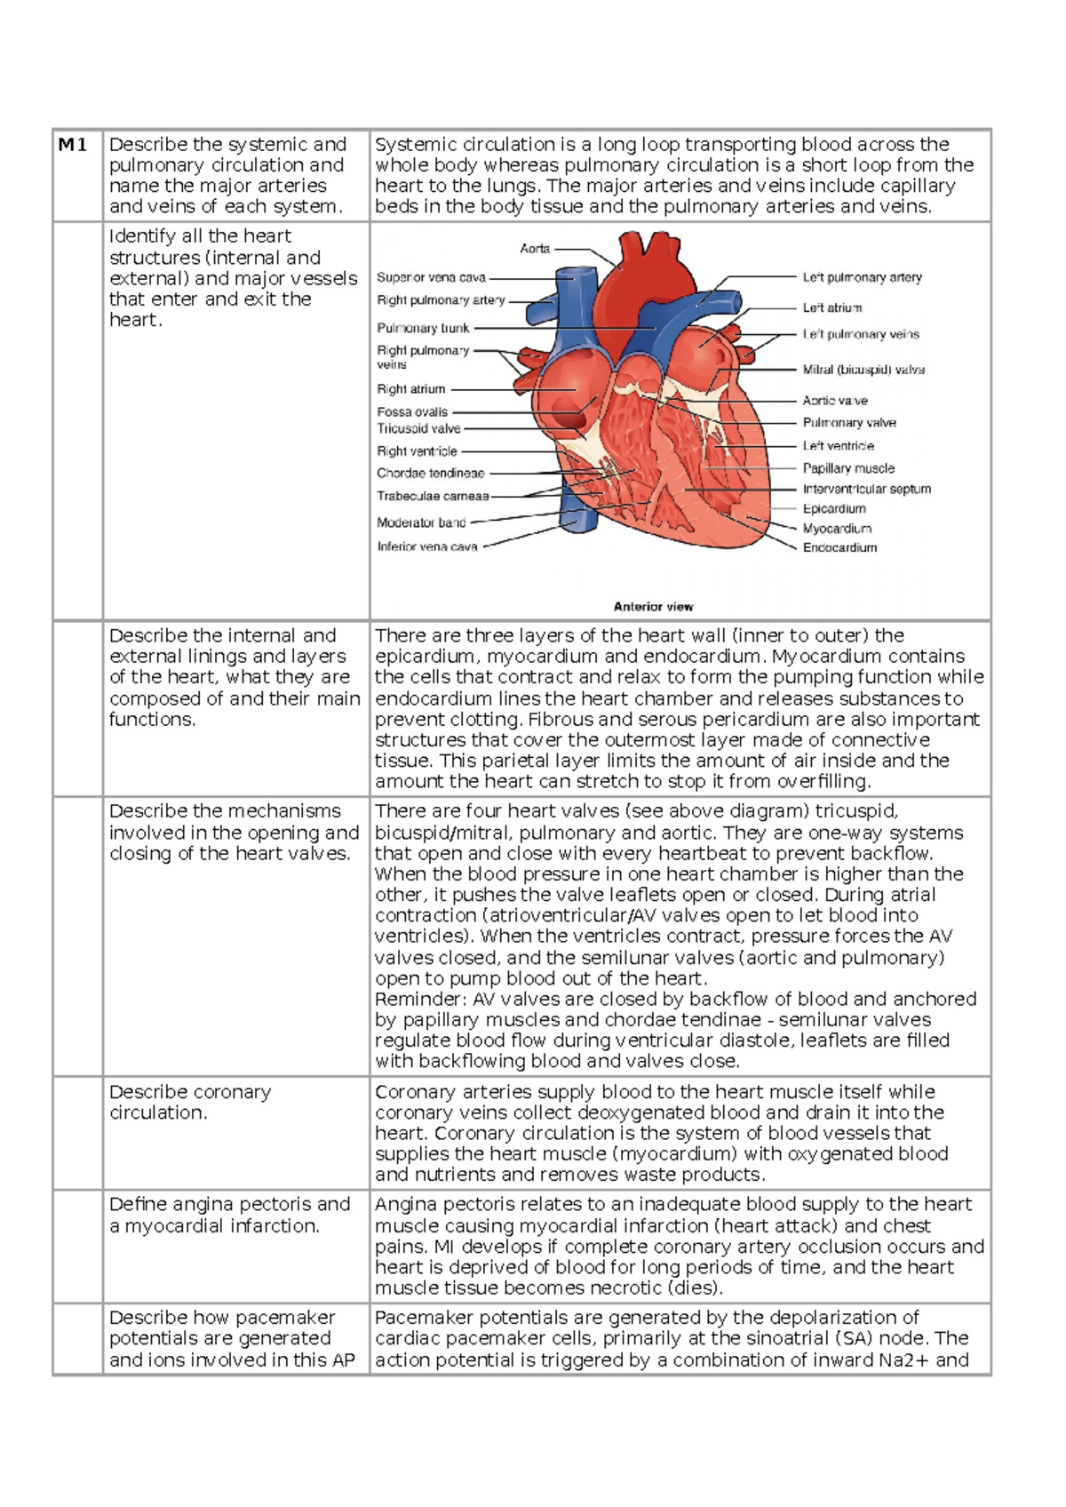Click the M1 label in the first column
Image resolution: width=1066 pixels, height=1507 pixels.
(73, 145)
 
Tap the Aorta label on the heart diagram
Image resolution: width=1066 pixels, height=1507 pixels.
(535, 249)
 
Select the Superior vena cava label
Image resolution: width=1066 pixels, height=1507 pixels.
(431, 277)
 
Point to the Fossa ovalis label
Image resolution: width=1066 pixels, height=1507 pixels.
(412, 412)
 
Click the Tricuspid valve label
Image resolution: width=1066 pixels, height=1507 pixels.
(418, 428)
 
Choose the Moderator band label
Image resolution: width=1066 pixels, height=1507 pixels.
(421, 522)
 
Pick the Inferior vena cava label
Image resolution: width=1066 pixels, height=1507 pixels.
(426, 546)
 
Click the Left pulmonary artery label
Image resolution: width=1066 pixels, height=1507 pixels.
(862, 277)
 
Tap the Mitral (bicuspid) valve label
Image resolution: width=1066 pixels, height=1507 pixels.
(863, 370)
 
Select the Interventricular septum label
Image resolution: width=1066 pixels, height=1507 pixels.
(867, 489)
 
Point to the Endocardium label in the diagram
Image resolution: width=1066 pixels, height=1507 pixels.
(839, 547)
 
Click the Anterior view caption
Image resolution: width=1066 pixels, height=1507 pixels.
(653, 607)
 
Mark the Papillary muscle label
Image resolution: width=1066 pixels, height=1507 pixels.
(848, 468)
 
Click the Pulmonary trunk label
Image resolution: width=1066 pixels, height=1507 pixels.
(423, 328)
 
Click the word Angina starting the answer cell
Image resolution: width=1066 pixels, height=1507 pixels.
(403, 1205)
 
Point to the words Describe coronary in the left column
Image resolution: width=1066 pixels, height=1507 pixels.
(190, 1092)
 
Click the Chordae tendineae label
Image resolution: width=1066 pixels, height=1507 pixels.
(430, 474)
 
